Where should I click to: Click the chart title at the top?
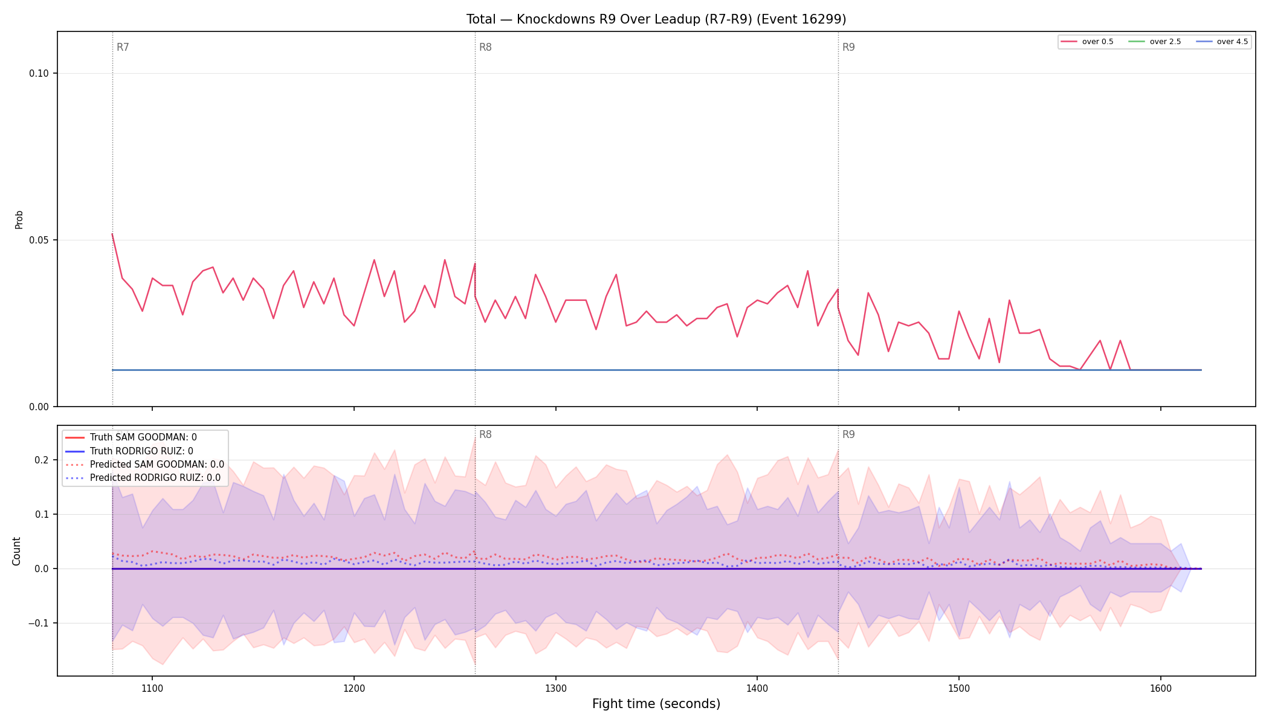(x=656, y=19)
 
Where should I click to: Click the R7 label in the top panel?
(x=123, y=47)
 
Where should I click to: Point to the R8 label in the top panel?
(x=485, y=47)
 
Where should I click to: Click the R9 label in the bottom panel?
(x=848, y=434)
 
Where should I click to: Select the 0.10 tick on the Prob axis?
(x=39, y=74)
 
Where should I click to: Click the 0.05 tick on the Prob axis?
(x=39, y=240)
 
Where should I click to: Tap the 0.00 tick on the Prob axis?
(x=39, y=407)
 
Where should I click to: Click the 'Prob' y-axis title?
(x=19, y=219)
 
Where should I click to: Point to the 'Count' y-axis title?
(x=16, y=551)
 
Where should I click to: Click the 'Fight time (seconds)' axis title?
(x=656, y=704)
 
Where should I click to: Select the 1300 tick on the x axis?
(x=555, y=688)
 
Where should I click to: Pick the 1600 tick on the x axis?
(x=1160, y=688)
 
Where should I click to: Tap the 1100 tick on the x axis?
(x=152, y=688)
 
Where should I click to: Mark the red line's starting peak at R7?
(x=112, y=234)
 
